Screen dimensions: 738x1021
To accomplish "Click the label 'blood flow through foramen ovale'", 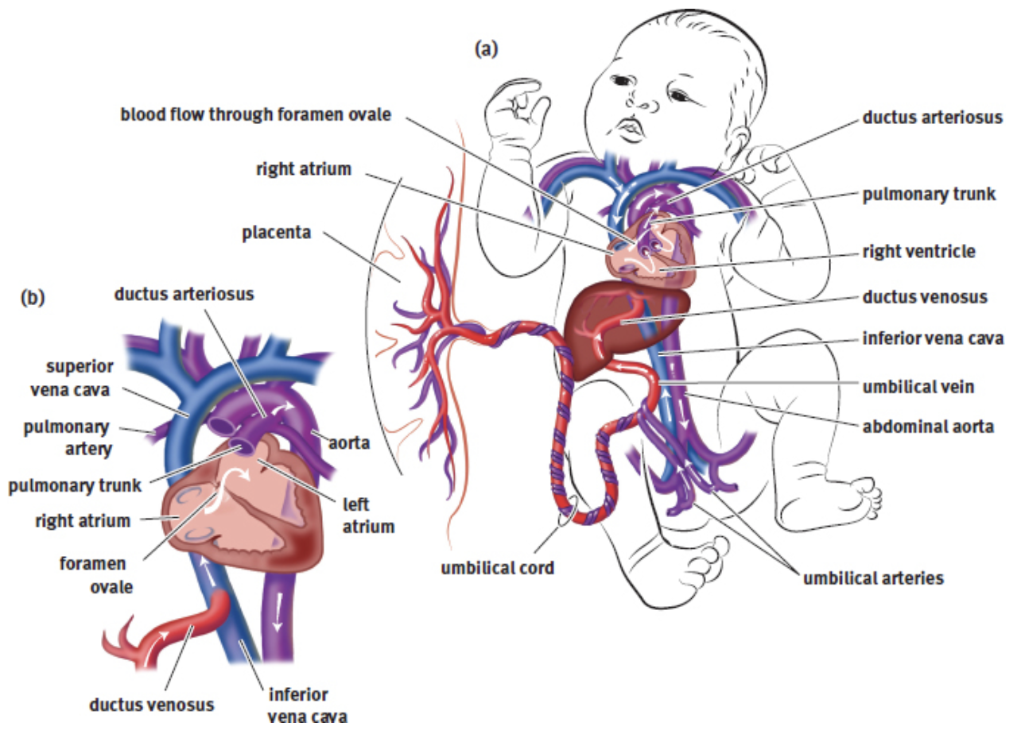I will (x=256, y=114).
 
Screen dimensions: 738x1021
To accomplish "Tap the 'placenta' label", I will (x=278, y=234).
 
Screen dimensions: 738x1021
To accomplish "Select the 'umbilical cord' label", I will (x=498, y=569).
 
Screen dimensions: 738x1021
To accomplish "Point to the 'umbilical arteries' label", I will (x=873, y=578).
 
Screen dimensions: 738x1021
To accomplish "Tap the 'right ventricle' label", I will (x=918, y=252).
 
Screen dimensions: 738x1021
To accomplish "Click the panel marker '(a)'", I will (x=486, y=49).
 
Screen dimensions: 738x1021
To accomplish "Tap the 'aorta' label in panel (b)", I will (x=350, y=442).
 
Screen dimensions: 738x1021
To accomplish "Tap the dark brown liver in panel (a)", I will (x=604, y=334).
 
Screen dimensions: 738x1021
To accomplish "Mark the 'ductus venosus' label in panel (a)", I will (x=925, y=297).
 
